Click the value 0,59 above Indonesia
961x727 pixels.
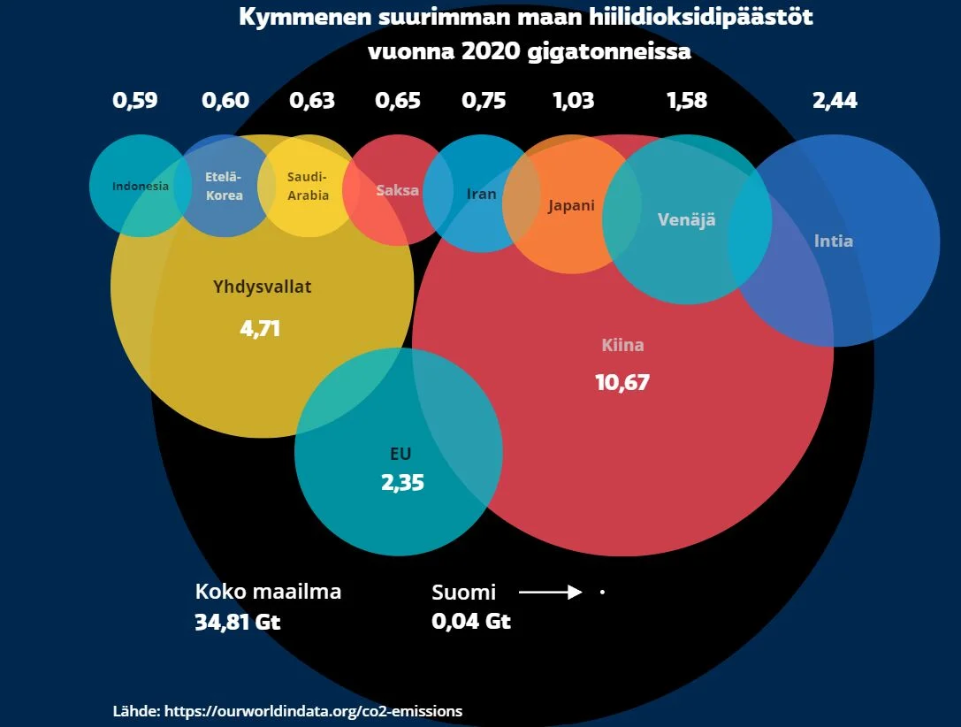[135, 100]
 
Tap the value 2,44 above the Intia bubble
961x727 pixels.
[835, 100]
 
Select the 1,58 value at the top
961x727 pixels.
[687, 100]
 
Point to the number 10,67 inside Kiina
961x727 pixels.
[622, 382]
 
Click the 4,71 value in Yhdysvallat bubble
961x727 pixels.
[260, 329]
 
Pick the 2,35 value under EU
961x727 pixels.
[402, 483]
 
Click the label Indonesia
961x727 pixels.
[141, 187]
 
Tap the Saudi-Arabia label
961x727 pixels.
[308, 186]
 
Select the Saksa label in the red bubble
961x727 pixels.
[397, 190]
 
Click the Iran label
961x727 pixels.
[481, 194]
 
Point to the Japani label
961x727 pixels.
[571, 206]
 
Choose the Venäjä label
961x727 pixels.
[686, 219]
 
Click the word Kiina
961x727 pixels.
[622, 345]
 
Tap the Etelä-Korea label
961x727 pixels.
[224, 186]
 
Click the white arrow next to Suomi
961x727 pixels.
[550, 593]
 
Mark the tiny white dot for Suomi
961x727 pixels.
[602, 593]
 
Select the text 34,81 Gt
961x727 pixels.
[237, 622]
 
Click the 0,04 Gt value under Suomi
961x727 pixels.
[471, 622]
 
